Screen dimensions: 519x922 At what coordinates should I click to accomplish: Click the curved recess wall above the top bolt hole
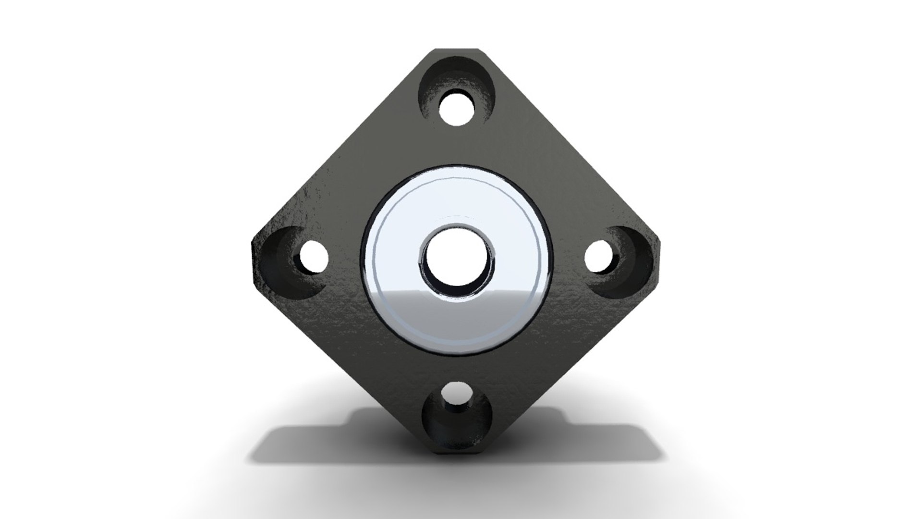click(x=456, y=77)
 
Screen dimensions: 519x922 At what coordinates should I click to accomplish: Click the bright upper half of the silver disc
click(x=456, y=202)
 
